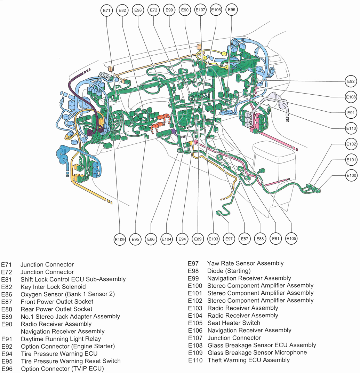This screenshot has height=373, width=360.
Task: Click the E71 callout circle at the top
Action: click(107, 10)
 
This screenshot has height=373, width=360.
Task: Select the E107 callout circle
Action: click(200, 10)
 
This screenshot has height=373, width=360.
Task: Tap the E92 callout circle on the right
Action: click(351, 81)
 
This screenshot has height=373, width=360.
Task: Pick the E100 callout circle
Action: click(351, 176)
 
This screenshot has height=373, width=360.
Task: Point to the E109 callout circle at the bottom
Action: click(119, 239)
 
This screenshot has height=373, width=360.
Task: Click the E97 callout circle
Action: click(229, 239)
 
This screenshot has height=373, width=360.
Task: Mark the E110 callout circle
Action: click(351, 128)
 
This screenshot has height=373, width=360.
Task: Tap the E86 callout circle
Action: click(151, 239)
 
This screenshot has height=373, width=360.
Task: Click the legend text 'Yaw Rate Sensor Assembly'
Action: click(245, 263)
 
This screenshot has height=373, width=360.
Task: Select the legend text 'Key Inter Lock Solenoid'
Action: click(53, 287)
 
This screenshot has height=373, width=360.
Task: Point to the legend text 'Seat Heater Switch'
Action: click(234, 323)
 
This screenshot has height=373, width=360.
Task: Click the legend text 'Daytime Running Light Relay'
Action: click(61, 339)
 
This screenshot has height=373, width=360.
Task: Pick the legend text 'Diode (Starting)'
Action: click(229, 271)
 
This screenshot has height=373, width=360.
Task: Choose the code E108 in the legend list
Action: click(195, 345)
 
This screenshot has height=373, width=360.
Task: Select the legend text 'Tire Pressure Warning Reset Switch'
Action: click(71, 361)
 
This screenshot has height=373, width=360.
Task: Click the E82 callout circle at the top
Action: click(122, 10)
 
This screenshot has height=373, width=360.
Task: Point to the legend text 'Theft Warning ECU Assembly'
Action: click(248, 360)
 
